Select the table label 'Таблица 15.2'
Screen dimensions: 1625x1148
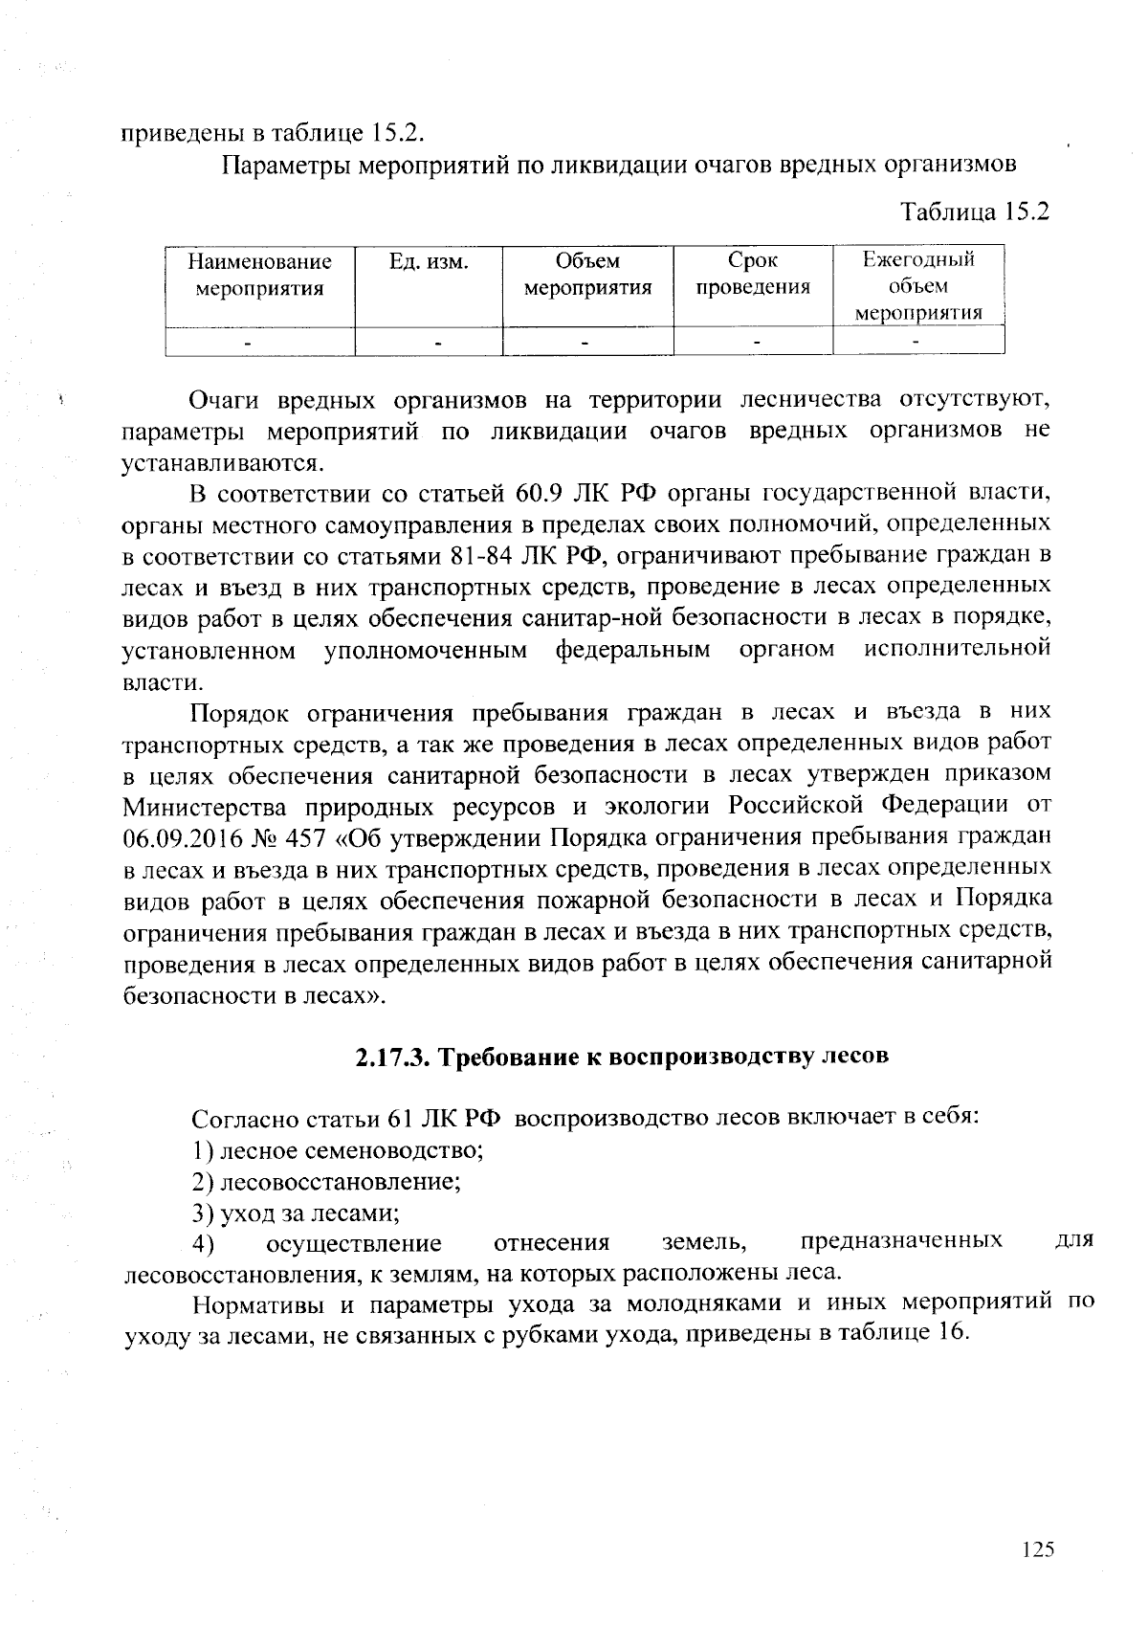[x=975, y=211]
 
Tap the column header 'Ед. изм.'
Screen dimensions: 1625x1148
[x=429, y=261]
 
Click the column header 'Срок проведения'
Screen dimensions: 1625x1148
[x=752, y=274]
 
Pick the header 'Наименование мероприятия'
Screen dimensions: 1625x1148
[x=259, y=274]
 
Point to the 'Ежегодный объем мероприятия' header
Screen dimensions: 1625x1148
[x=918, y=285]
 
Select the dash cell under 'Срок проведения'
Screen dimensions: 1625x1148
[x=756, y=341]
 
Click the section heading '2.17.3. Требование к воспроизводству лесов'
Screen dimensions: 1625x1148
[x=622, y=1057]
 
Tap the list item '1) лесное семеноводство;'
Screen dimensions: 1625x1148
[x=337, y=1149]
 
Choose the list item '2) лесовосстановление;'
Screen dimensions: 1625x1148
[x=326, y=1181]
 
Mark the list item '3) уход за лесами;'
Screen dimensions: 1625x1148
[x=295, y=1213]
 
